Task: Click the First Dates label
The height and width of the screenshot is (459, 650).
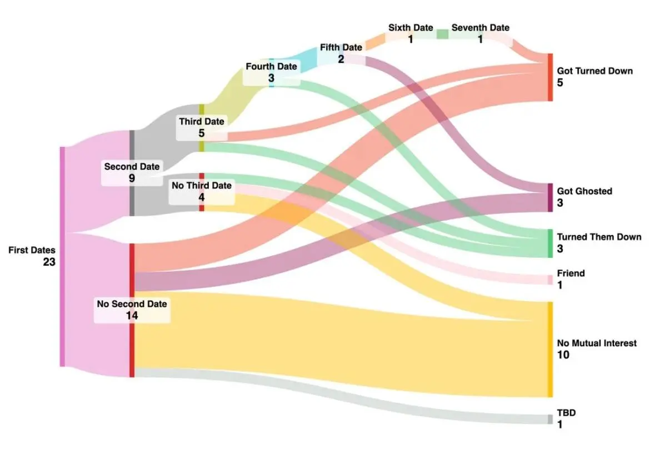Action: point(32,250)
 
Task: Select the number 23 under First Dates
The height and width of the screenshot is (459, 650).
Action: point(49,262)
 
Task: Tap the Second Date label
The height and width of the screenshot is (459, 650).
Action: point(132,167)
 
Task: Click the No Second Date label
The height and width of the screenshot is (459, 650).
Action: point(132,304)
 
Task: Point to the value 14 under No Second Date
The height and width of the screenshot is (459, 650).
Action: point(132,316)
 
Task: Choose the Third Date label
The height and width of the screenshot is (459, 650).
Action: point(202,122)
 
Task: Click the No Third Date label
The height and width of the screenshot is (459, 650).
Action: point(202,186)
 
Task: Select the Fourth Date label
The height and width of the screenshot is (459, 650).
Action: point(271,66)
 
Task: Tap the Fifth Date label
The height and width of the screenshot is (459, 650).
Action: point(341,47)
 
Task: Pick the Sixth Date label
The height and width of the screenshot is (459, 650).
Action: point(411,27)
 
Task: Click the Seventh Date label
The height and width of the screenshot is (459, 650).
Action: point(480,27)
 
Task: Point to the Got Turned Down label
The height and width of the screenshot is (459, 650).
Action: point(595,71)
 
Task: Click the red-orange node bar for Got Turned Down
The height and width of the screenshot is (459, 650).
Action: point(551,77)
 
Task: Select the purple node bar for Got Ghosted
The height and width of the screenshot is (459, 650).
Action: point(551,198)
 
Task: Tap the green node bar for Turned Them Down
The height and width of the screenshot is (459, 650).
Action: point(551,243)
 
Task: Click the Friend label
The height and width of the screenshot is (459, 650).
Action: point(571,273)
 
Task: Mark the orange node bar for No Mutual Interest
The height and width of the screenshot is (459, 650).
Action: point(551,350)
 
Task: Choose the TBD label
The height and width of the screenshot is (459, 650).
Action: point(566,412)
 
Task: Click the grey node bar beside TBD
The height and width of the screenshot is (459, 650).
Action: point(551,419)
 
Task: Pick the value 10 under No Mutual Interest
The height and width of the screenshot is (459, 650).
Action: point(563,355)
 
